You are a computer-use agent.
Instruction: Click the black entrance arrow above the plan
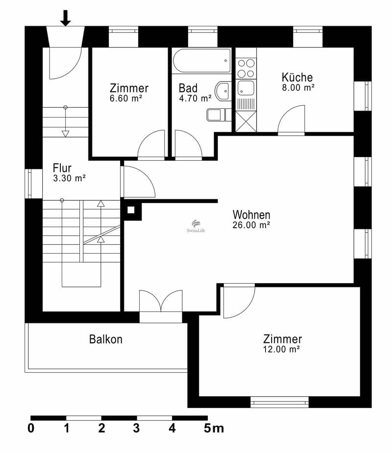pyautogui.click(x=66, y=18)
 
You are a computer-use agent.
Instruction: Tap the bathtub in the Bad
pyautogui.click(x=202, y=61)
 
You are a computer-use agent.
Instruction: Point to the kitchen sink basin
pyautogui.click(x=246, y=88)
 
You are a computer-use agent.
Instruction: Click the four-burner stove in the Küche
pyautogui.click(x=246, y=69)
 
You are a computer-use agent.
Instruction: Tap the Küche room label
pyautogui.click(x=297, y=77)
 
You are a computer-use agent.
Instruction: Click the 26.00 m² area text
pyautogui.click(x=251, y=225)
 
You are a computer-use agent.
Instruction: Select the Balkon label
pyautogui.click(x=105, y=339)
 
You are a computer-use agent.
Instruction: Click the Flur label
pyautogui.click(x=62, y=168)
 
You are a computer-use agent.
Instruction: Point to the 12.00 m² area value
pyautogui.click(x=281, y=349)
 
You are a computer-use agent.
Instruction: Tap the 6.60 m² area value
pyautogui.click(x=126, y=98)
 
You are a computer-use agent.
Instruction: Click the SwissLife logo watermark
pyautogui.click(x=196, y=226)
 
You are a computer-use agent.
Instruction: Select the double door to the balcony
pyautogui.click(x=161, y=301)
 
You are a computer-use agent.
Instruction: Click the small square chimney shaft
pyautogui.click(x=131, y=210)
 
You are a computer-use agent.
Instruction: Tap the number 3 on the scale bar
pyautogui.click(x=136, y=428)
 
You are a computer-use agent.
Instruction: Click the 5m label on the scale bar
pyautogui.click(x=214, y=428)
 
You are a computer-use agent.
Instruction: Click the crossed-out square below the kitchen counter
pyautogui.click(x=246, y=121)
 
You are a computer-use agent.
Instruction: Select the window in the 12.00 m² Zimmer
pyautogui.click(x=279, y=402)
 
